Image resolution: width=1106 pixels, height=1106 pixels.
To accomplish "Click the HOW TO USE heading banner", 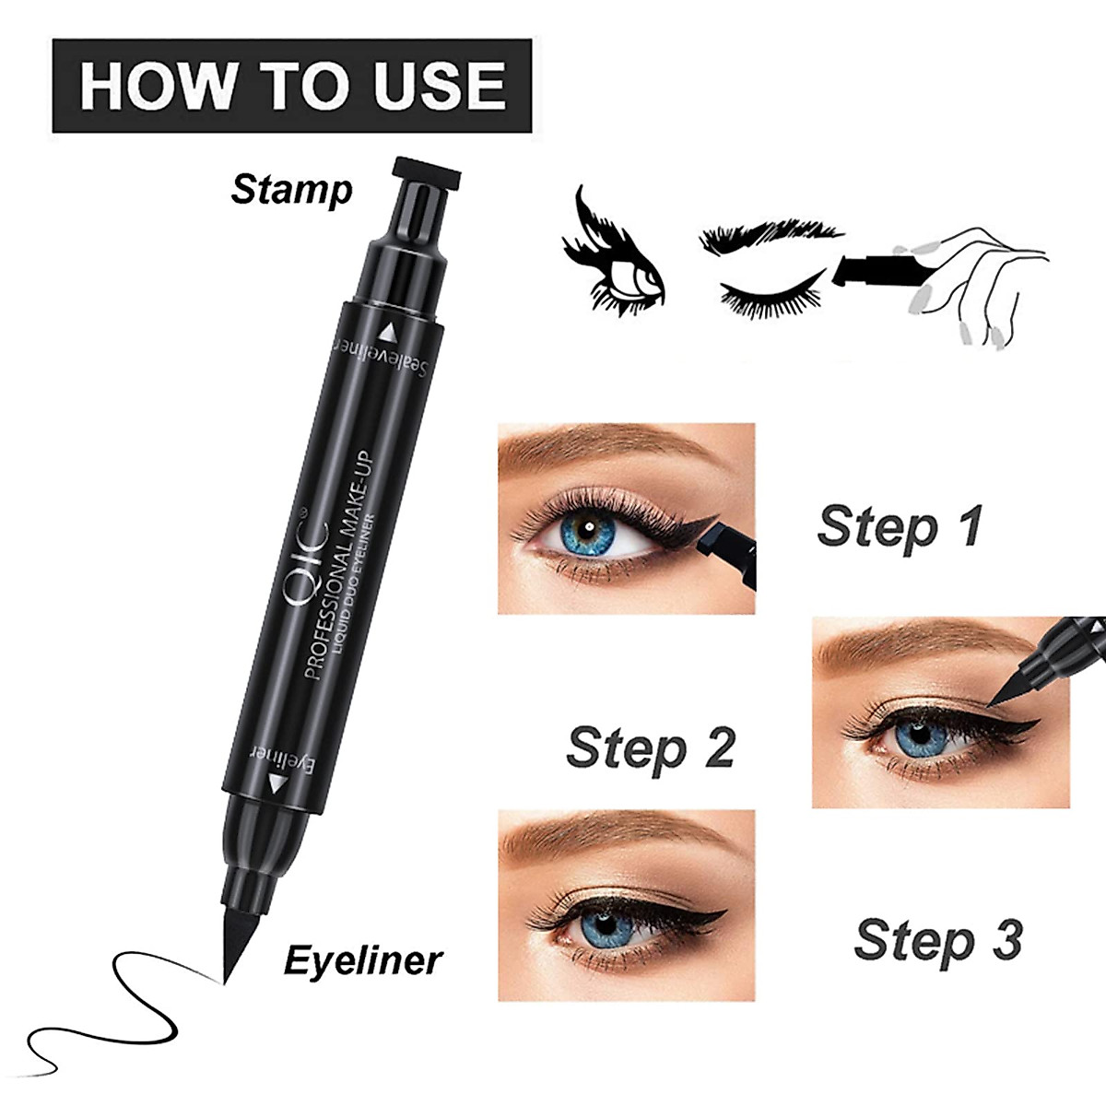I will pos(291,86).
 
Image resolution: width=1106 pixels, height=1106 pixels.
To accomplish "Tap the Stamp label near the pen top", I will pos(291,190).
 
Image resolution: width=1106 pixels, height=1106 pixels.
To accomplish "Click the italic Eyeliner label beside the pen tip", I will pos(362,960).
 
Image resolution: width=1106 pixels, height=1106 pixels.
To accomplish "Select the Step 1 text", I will pos(900,527).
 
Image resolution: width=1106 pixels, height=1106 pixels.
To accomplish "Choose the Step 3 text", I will pos(937,940).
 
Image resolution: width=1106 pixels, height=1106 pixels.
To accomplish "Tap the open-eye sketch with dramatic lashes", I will pos(613,258).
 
